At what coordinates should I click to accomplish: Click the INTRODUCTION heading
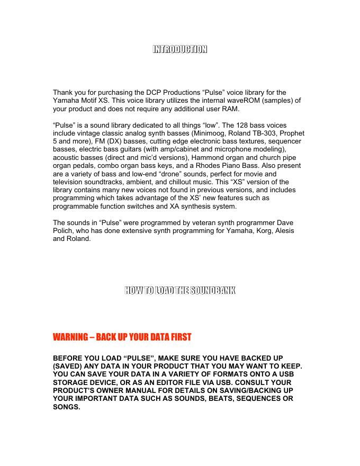point(179,50)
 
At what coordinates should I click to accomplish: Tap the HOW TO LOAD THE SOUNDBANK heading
point(179,290)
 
